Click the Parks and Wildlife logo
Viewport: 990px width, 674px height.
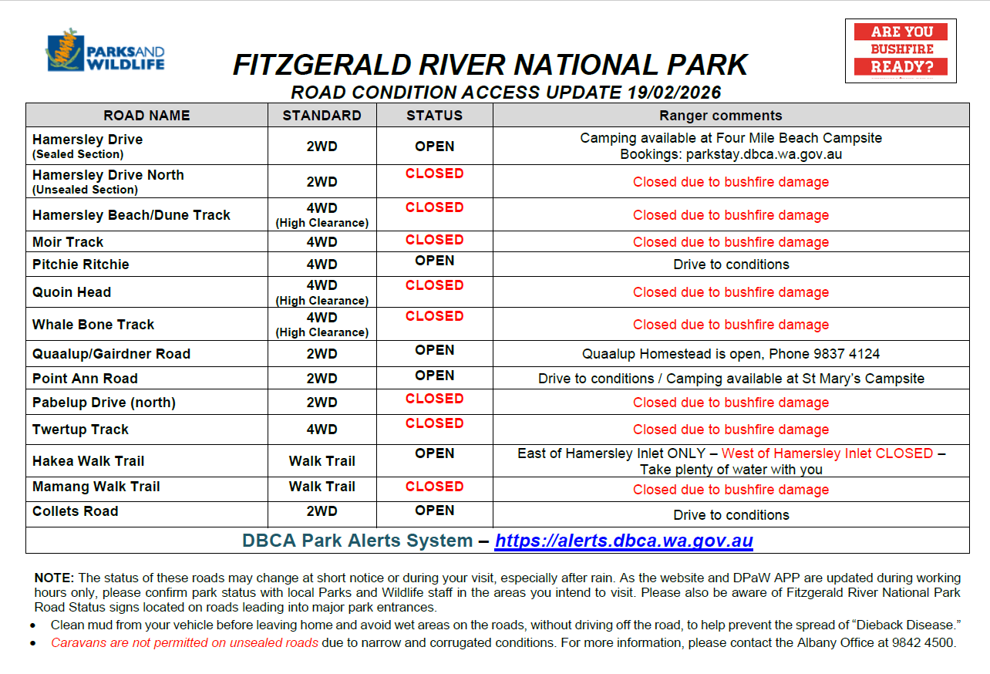coord(105,52)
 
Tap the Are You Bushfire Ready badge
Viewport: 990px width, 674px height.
coord(901,50)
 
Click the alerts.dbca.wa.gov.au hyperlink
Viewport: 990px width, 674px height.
coord(623,541)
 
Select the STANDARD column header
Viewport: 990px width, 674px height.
coord(322,116)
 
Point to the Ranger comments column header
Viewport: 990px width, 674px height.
coord(720,116)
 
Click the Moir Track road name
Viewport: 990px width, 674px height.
coord(68,242)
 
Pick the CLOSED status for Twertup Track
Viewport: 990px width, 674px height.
coord(434,423)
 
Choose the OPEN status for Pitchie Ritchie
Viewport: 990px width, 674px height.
coord(434,261)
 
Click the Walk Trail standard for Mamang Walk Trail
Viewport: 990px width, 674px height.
coord(322,487)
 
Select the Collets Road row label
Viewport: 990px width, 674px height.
coord(75,511)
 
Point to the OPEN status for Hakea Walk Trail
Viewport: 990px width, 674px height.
coord(434,453)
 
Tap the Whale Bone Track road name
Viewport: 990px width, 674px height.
coord(93,325)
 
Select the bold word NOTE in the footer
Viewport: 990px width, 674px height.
coord(54,578)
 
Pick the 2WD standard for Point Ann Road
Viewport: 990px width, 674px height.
coord(322,379)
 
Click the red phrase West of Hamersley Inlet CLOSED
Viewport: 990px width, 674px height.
coord(827,453)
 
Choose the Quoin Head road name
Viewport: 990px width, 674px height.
coord(72,292)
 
